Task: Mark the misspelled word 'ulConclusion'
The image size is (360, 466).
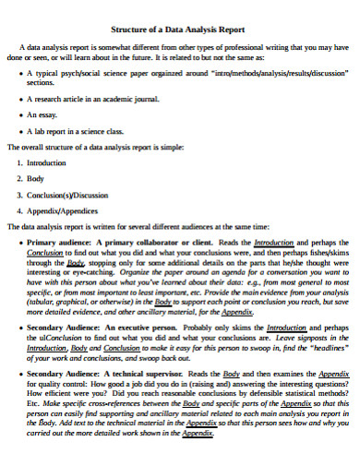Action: click(76, 337)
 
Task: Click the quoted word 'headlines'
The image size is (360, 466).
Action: click(327, 347)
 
